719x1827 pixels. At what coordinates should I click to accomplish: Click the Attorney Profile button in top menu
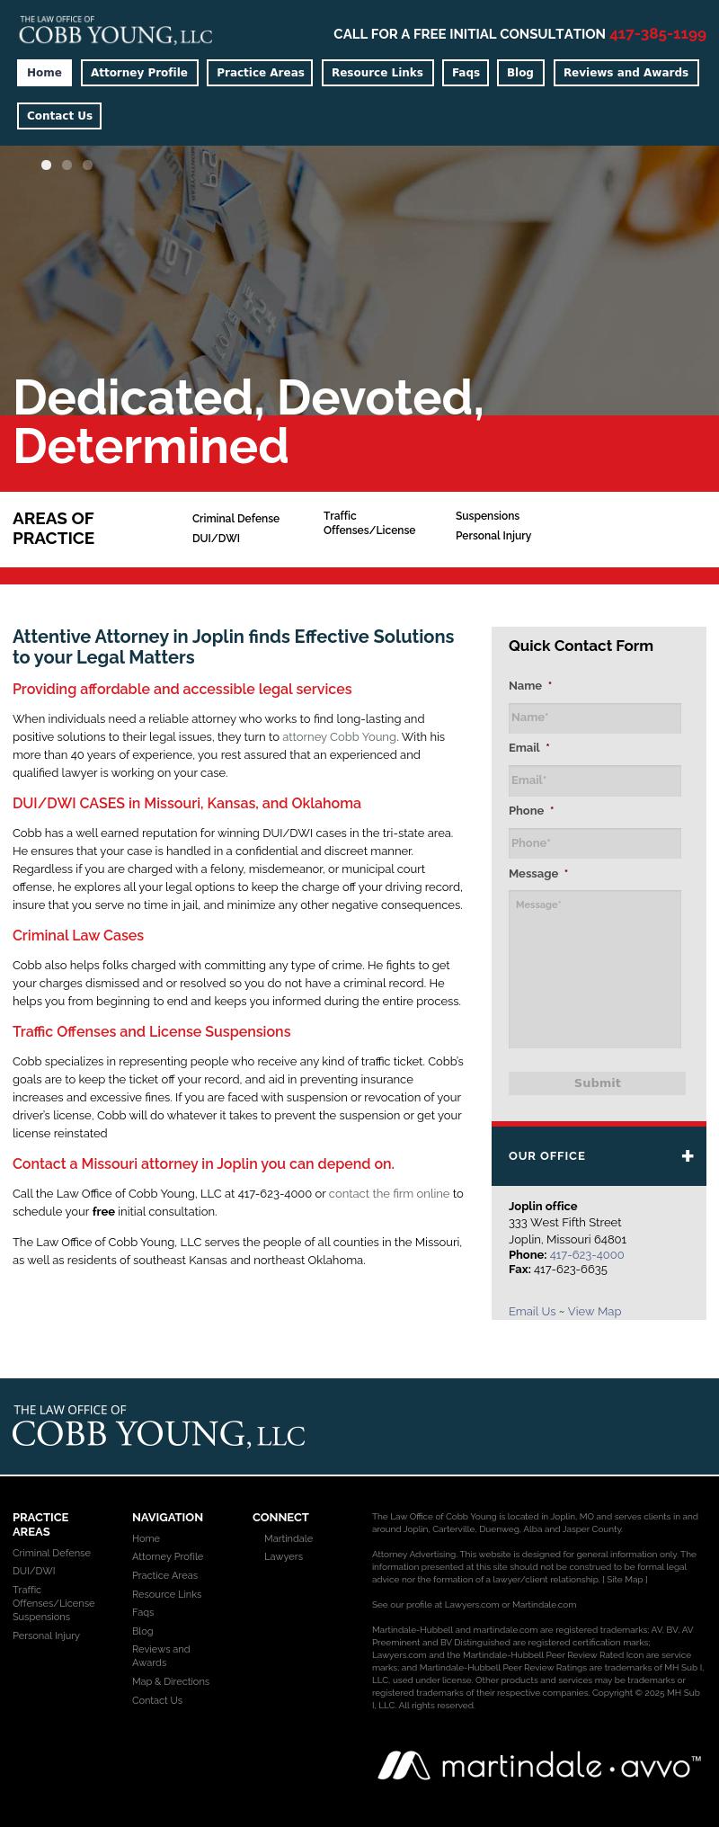pyautogui.click(x=139, y=73)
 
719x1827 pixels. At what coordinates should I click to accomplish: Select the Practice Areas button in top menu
pyautogui.click(x=260, y=73)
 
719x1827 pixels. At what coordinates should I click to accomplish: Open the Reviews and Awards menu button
pyautogui.click(x=626, y=73)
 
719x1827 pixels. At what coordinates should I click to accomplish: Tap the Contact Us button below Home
pyautogui.click(x=59, y=116)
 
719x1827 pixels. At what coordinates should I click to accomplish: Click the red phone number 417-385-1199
pyautogui.click(x=657, y=34)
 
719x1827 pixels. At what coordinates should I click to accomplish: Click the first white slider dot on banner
pyautogui.click(x=46, y=165)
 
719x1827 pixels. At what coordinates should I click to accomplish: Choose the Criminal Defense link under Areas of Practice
pyautogui.click(x=235, y=519)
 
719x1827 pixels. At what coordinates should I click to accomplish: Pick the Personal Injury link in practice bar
pyautogui.click(x=493, y=536)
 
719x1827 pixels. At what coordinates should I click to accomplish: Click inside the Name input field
pyautogui.click(x=594, y=717)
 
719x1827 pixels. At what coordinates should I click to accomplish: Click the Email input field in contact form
pyautogui.click(x=594, y=780)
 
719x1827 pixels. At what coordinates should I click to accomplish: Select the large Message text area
pyautogui.click(x=594, y=968)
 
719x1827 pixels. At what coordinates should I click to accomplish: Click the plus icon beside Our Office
pyautogui.click(x=688, y=1155)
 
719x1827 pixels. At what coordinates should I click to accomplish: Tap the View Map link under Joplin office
pyautogui.click(x=594, y=1311)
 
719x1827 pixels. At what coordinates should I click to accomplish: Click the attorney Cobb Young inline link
pyautogui.click(x=339, y=736)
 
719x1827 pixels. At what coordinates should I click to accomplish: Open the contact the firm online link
pyautogui.click(x=388, y=1193)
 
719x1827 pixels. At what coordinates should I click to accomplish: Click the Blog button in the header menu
pyautogui.click(x=520, y=73)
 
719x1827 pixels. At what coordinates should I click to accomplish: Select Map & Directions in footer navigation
pyautogui.click(x=171, y=1681)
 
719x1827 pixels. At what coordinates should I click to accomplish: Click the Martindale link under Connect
pyautogui.click(x=288, y=1538)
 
